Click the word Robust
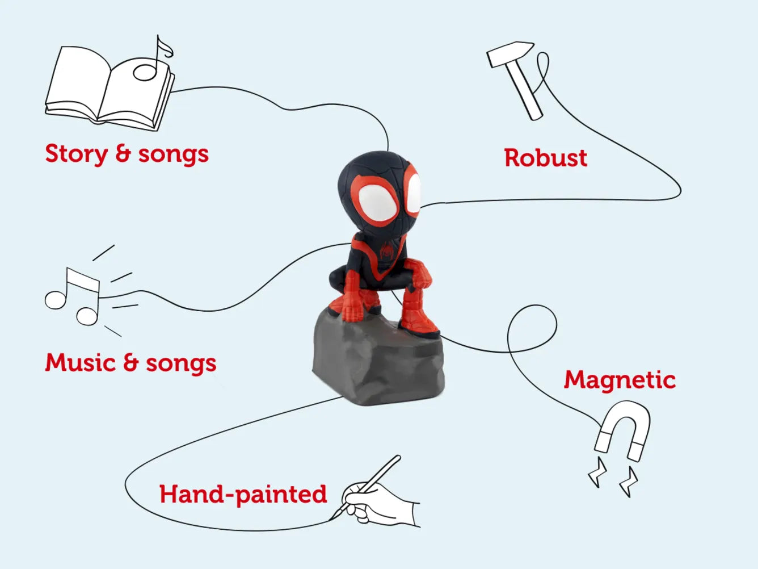pos(546,158)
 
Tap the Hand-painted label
pos(243,495)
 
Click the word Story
pos(77,154)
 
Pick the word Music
pos(81,362)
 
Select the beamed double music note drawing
pos(73,297)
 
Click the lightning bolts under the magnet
pos(613,477)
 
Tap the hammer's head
pos(511,53)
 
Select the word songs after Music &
pos(181,364)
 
